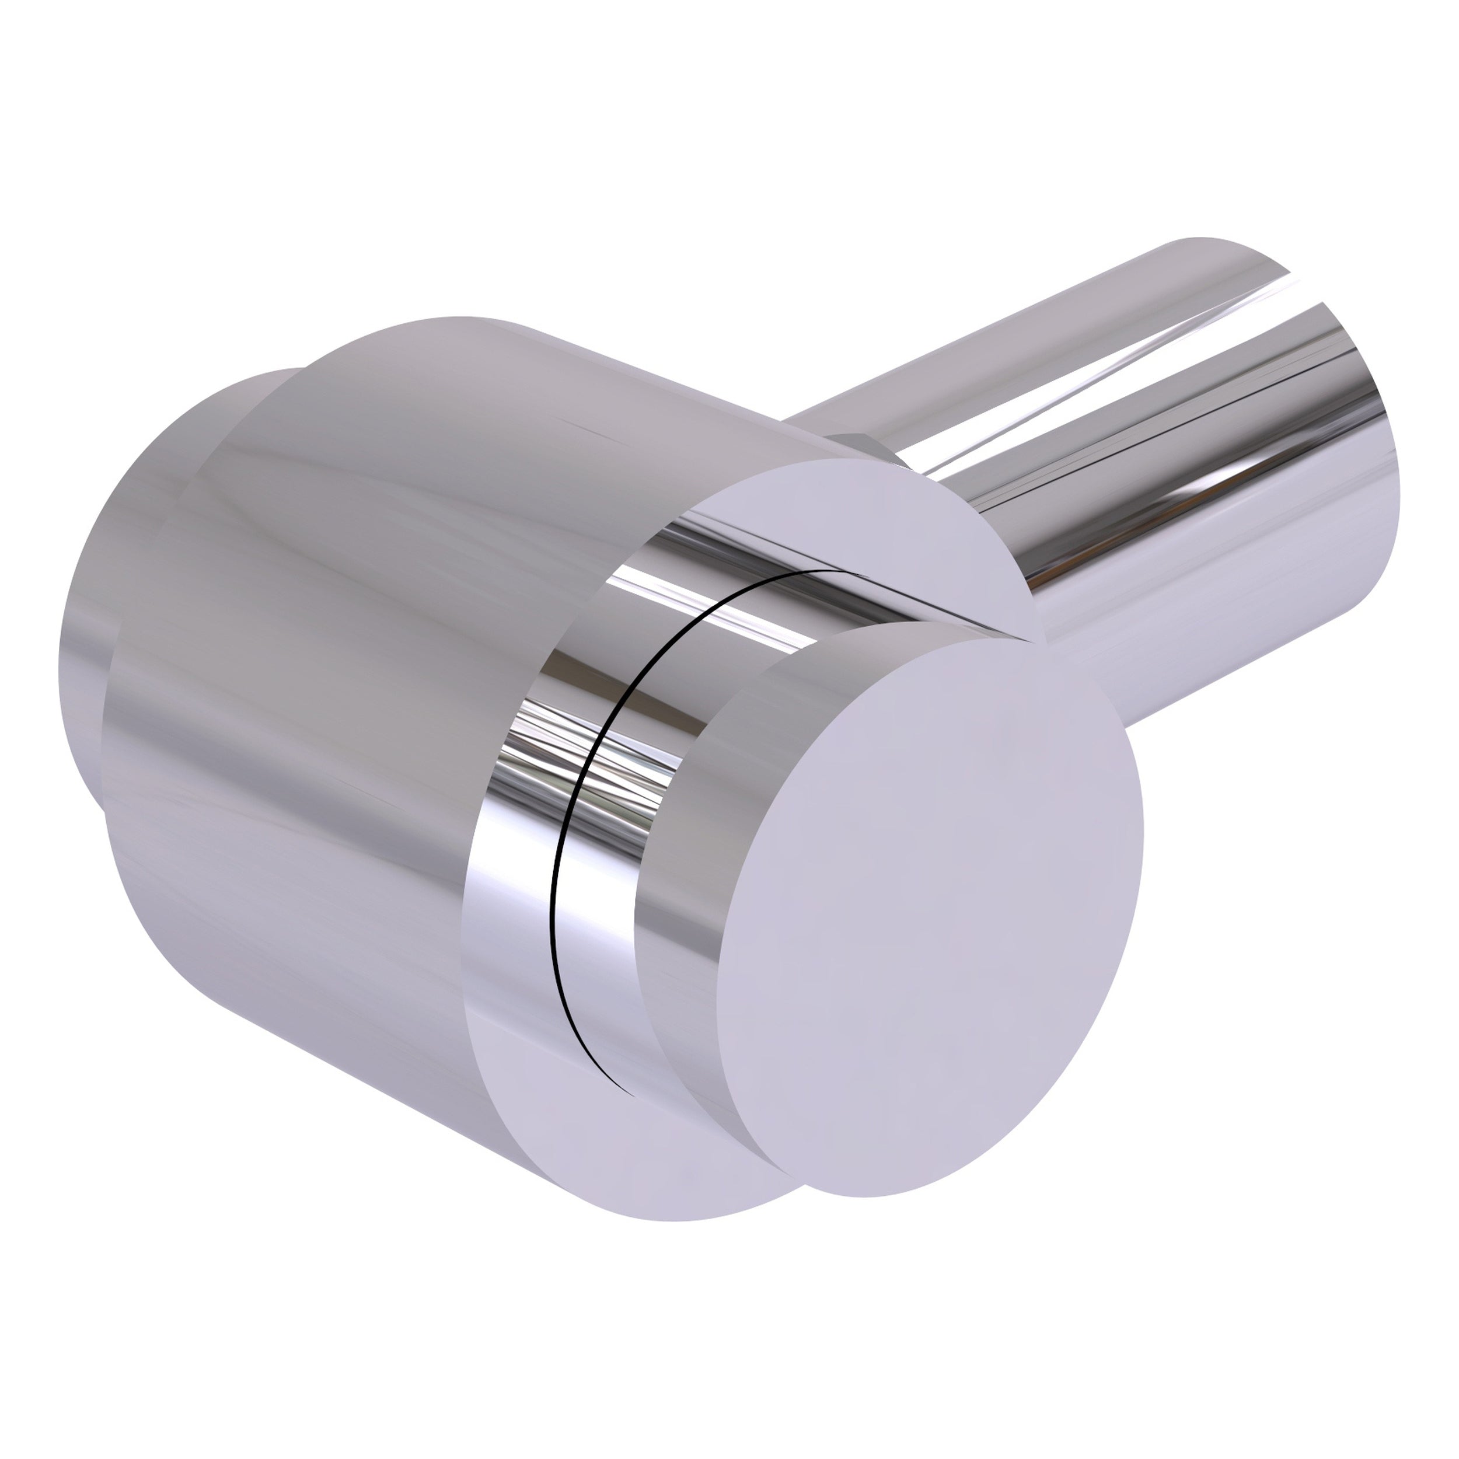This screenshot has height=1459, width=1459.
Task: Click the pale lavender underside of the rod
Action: click(x=1223, y=619)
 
